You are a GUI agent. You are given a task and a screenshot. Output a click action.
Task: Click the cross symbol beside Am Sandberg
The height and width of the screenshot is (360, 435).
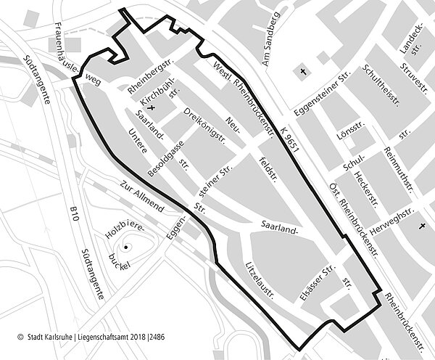click(303, 73)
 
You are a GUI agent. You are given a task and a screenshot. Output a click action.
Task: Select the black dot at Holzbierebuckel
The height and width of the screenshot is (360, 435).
click(126, 247)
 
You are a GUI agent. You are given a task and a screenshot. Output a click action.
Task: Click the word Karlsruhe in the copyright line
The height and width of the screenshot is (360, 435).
click(64, 337)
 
